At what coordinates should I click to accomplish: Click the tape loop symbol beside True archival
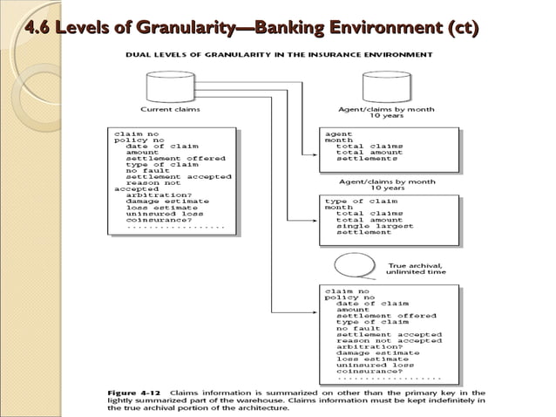coord(361,264)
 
